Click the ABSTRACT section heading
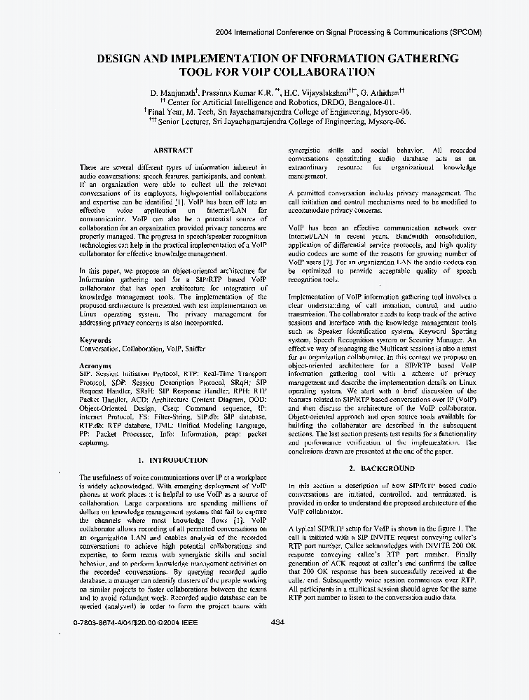[173, 150]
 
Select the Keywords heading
[95, 340]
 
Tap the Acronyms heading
[95, 365]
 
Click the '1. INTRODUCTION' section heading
[172, 460]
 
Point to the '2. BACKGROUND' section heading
[382, 468]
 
